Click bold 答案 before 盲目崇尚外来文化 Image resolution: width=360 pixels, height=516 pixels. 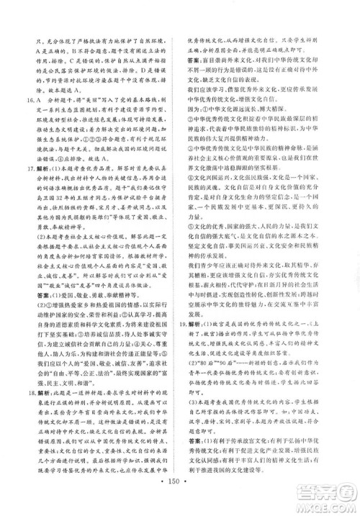click(x=196, y=62)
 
